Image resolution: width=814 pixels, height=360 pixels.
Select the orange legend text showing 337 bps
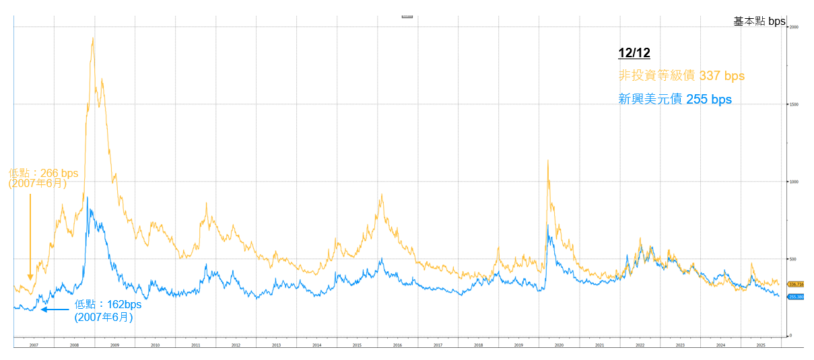click(x=681, y=76)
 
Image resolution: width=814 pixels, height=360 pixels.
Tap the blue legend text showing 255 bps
click(x=675, y=100)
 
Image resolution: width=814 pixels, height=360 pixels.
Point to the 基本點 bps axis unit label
click(x=759, y=22)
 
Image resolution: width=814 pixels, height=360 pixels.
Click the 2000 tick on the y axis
click(x=794, y=27)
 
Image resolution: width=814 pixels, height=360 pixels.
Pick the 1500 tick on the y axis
click(x=794, y=104)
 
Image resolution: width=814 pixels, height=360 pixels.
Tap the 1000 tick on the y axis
click(x=794, y=182)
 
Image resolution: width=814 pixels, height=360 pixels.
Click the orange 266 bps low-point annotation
click(x=43, y=178)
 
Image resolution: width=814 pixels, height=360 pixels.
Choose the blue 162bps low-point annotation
click(x=108, y=310)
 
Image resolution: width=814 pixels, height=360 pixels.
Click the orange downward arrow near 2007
click(x=30, y=236)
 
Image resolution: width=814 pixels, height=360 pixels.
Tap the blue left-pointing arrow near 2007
click(x=55, y=310)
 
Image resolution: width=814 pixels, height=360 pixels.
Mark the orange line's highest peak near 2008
click(x=92, y=38)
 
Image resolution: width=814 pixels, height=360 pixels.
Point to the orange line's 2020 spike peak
click(x=548, y=160)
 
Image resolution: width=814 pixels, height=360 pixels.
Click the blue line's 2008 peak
click(x=87, y=197)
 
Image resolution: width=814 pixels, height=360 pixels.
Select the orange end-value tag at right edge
click(x=795, y=285)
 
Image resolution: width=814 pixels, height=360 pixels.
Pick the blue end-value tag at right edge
click(x=795, y=296)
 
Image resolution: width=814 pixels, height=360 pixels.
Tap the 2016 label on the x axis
click(x=397, y=345)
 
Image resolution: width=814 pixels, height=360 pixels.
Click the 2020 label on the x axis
click(x=559, y=345)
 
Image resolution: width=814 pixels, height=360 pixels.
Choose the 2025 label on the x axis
click(x=761, y=345)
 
